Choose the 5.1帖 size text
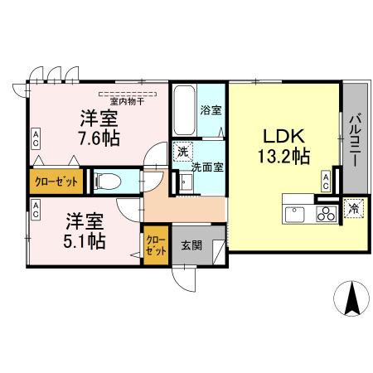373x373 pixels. (x=85, y=240)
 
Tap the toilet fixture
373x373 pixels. (x=108, y=181)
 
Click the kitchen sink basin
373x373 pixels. (x=294, y=214)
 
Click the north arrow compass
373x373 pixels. (x=351, y=299)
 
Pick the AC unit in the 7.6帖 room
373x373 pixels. (x=36, y=138)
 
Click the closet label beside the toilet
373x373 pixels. (x=56, y=180)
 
